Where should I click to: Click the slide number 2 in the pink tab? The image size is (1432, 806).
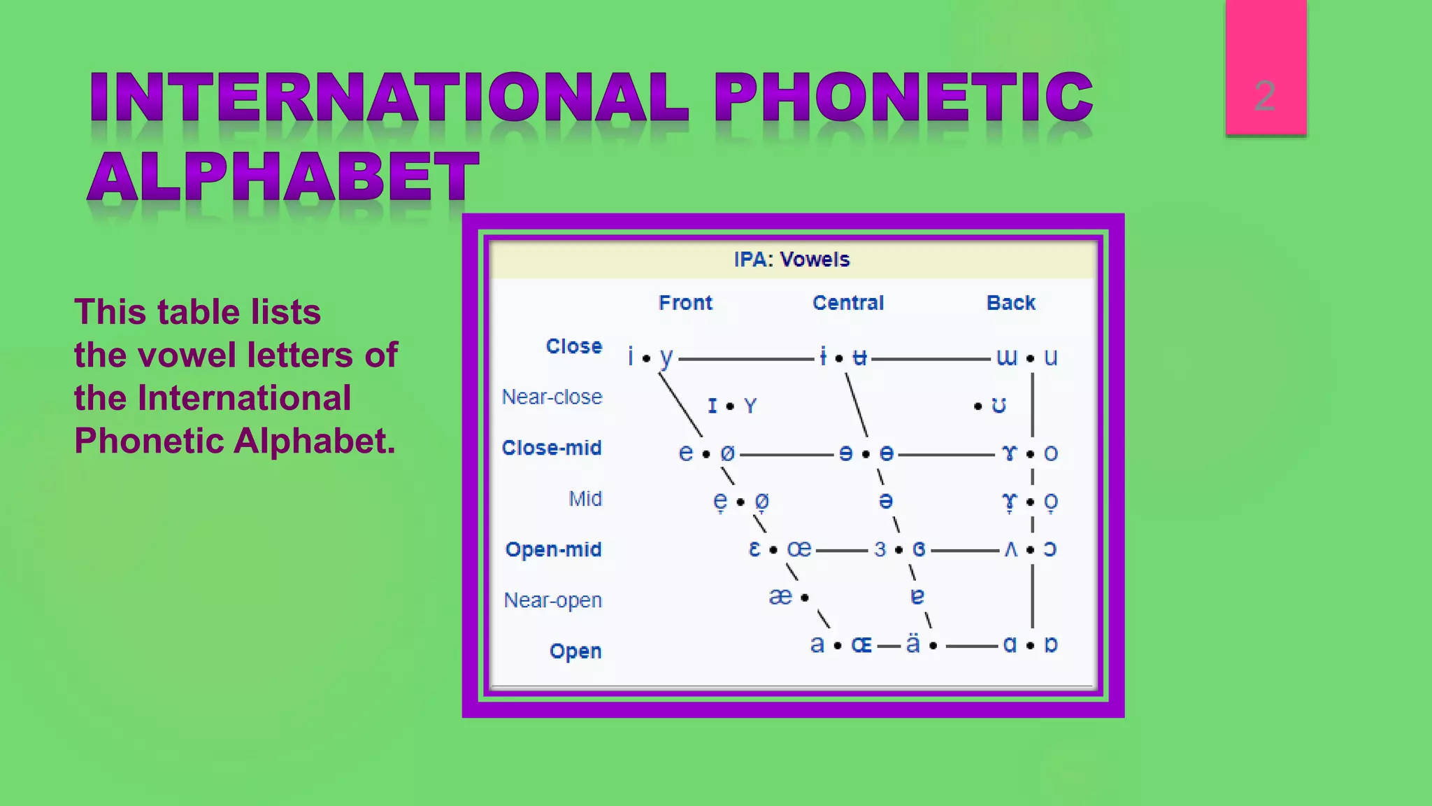[x=1264, y=96]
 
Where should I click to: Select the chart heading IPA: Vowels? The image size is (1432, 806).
[x=792, y=260]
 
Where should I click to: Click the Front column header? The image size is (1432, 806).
[x=685, y=303]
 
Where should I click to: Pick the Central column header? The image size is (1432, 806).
[x=847, y=303]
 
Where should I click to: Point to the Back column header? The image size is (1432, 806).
[x=1010, y=303]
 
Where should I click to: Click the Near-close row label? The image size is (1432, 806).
[x=552, y=397]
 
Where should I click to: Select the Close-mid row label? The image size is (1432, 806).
[x=552, y=448]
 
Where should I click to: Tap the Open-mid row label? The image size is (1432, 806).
[x=553, y=549]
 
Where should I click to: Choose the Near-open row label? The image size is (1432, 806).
[x=552, y=600]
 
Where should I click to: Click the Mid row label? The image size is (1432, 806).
[x=585, y=499]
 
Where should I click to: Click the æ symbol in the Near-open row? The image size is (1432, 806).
[x=780, y=597]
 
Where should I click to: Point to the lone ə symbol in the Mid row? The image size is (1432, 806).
[x=885, y=501]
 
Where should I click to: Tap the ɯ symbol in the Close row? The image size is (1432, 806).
[x=1006, y=358]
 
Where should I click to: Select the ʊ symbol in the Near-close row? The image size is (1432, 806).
[x=998, y=406]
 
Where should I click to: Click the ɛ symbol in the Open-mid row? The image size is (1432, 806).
[x=754, y=549]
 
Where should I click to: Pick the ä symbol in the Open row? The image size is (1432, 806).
[x=912, y=644]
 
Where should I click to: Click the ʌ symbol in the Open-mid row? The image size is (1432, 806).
[x=1010, y=550]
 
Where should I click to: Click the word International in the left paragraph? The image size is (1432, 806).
[x=244, y=398]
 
